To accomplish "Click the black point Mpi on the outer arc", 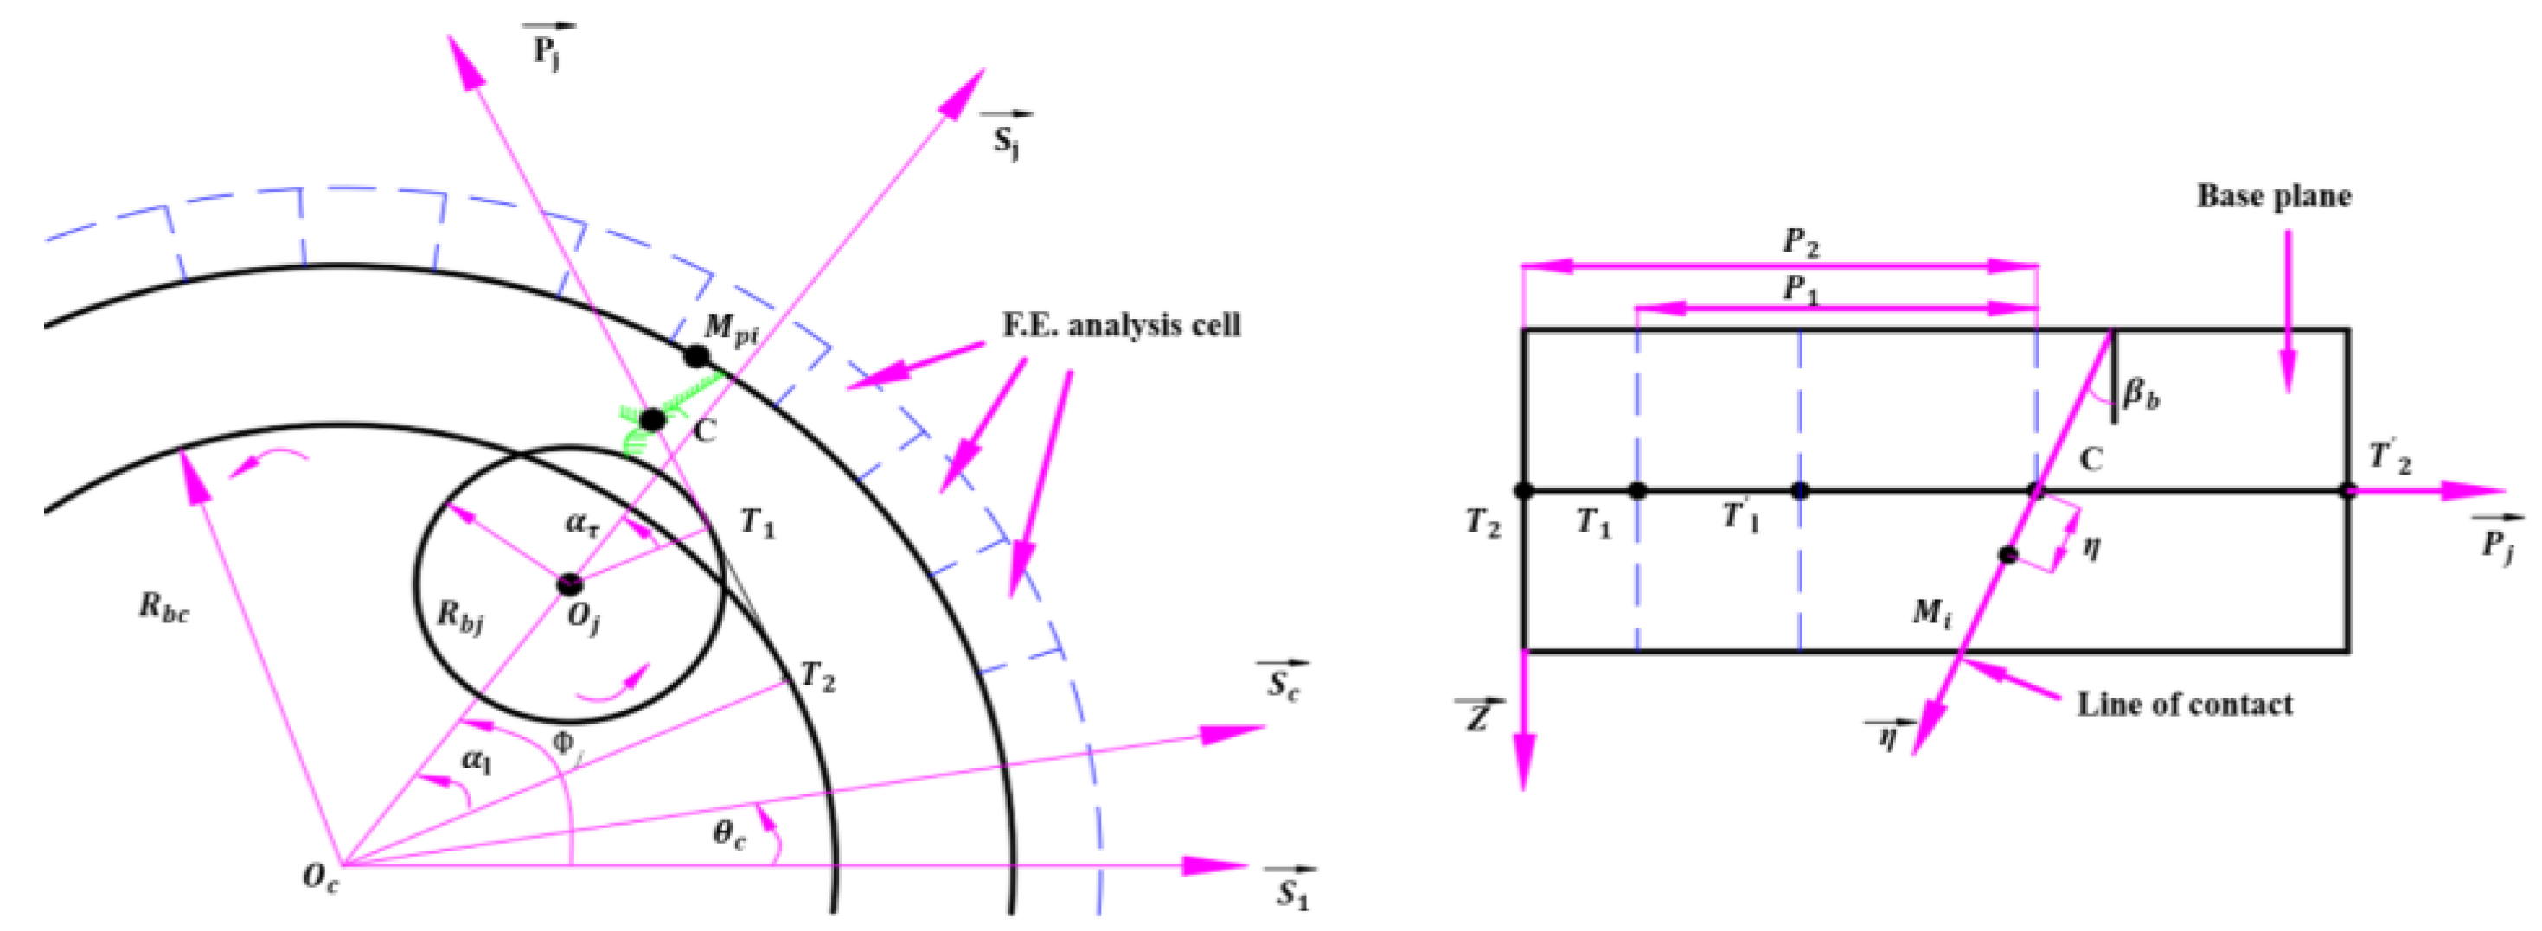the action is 696,356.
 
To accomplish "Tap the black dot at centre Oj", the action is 569,583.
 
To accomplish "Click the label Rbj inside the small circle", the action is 460,618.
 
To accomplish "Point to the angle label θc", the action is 729,834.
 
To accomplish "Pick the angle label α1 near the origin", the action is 476,762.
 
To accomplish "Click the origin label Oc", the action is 321,877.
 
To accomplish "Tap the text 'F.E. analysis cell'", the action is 1121,325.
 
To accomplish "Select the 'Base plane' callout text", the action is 2273,197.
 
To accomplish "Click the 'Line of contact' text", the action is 2185,705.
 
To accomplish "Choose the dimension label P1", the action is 1800,289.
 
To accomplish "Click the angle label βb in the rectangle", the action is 2141,395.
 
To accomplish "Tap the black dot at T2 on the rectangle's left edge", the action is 1524,490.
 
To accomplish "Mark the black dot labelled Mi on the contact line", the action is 2007,554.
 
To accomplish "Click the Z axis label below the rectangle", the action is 1477,716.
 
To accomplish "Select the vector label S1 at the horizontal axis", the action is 1291,893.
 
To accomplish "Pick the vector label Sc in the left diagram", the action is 1283,684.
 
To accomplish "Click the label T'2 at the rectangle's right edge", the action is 2390,459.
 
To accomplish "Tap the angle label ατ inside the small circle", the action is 582,522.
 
